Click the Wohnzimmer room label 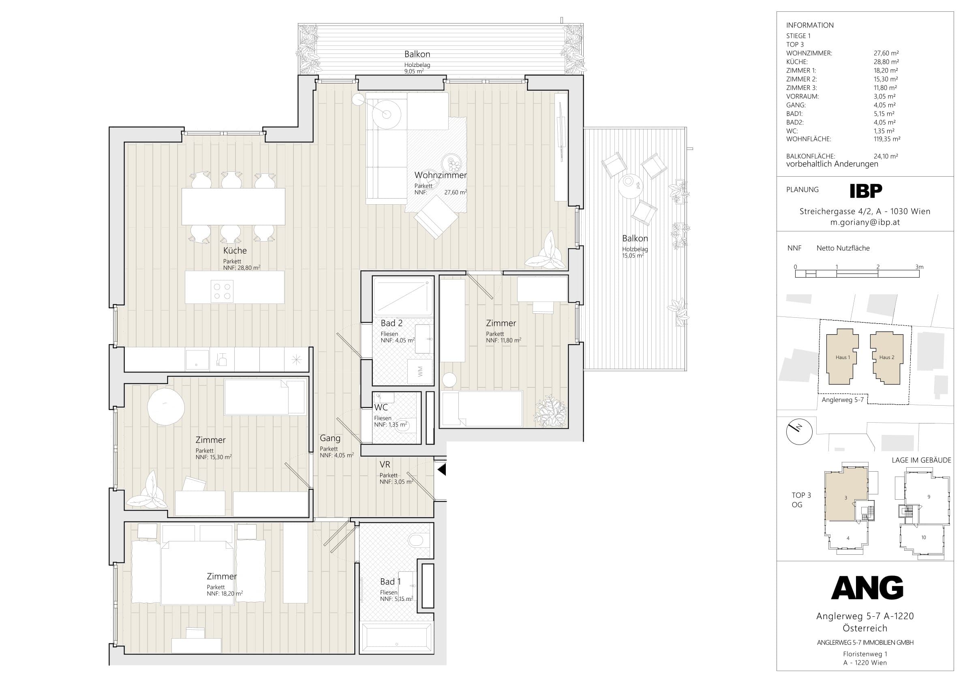[x=441, y=175]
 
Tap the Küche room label [x=235, y=250]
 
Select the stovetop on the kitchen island [x=223, y=291]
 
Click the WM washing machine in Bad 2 [x=420, y=371]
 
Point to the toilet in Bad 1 [x=419, y=541]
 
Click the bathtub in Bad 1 [x=396, y=638]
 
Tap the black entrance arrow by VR [x=441, y=469]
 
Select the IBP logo [x=866, y=191]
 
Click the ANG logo [x=867, y=588]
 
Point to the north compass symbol [x=799, y=432]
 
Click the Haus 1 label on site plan [x=843, y=357]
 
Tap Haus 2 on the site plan [x=886, y=357]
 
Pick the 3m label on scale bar [x=920, y=267]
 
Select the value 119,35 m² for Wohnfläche [x=887, y=139]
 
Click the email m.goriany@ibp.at [x=865, y=222]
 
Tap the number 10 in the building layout [x=923, y=537]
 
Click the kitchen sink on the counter [x=197, y=360]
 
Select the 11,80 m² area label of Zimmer [x=511, y=340]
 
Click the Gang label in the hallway [x=330, y=438]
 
